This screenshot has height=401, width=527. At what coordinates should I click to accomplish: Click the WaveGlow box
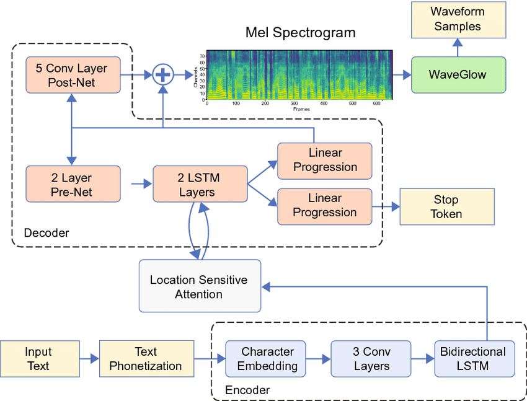pos(458,75)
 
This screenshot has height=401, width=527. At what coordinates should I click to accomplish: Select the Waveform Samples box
pos(457,19)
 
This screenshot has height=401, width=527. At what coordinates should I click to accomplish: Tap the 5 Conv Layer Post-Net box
pos(73,75)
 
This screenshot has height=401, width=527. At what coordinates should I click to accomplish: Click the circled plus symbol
pos(162,75)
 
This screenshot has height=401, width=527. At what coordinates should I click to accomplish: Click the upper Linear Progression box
pos(324,160)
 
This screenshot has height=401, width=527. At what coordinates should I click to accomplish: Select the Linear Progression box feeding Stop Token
pos(324,205)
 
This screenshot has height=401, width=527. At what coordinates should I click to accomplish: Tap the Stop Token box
pos(446,206)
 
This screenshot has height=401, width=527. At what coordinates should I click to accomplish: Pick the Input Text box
pos(39,359)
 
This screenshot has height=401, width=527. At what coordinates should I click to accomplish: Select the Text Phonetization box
pos(146,359)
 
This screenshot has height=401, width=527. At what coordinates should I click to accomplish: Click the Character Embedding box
pos(267,359)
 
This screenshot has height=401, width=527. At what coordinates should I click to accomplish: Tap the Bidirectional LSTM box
pos(474,359)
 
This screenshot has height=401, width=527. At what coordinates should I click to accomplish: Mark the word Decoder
pos(46,233)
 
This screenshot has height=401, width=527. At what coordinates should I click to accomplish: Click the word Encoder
pos(247,390)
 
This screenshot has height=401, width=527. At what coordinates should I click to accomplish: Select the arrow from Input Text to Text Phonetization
pos(89,359)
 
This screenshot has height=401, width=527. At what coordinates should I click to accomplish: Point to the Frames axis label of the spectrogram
pos(302,109)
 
